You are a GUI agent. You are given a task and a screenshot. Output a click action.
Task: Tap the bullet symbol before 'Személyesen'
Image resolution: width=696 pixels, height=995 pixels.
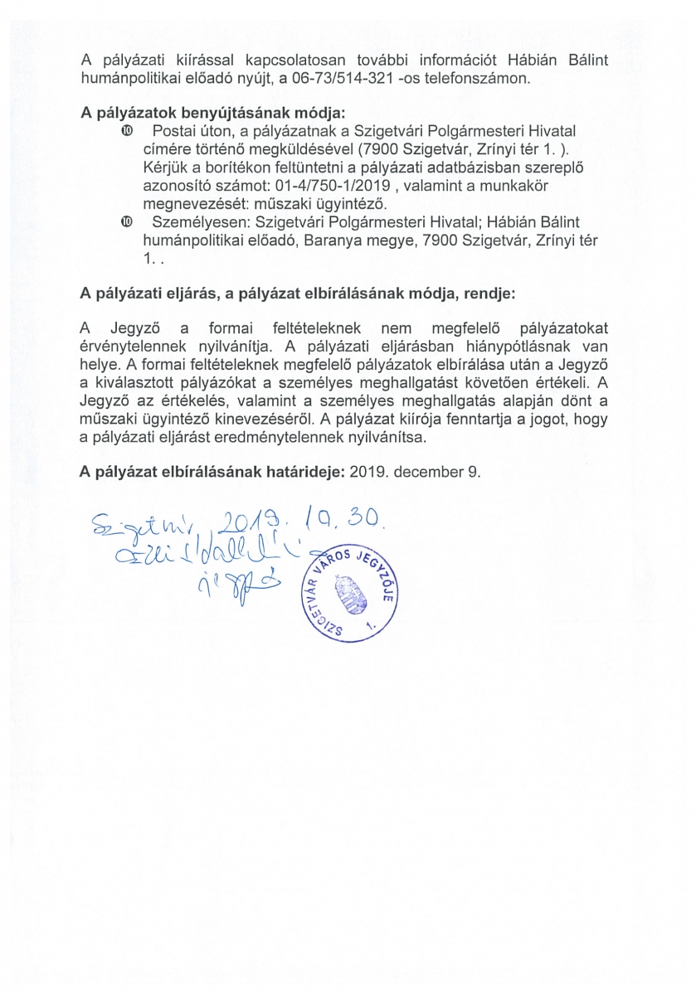click(125, 222)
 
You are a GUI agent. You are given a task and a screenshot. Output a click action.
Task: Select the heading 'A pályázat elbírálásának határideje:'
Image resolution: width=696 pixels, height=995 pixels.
click(212, 471)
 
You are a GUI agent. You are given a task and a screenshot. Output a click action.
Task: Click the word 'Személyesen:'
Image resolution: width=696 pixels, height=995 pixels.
click(183, 222)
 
